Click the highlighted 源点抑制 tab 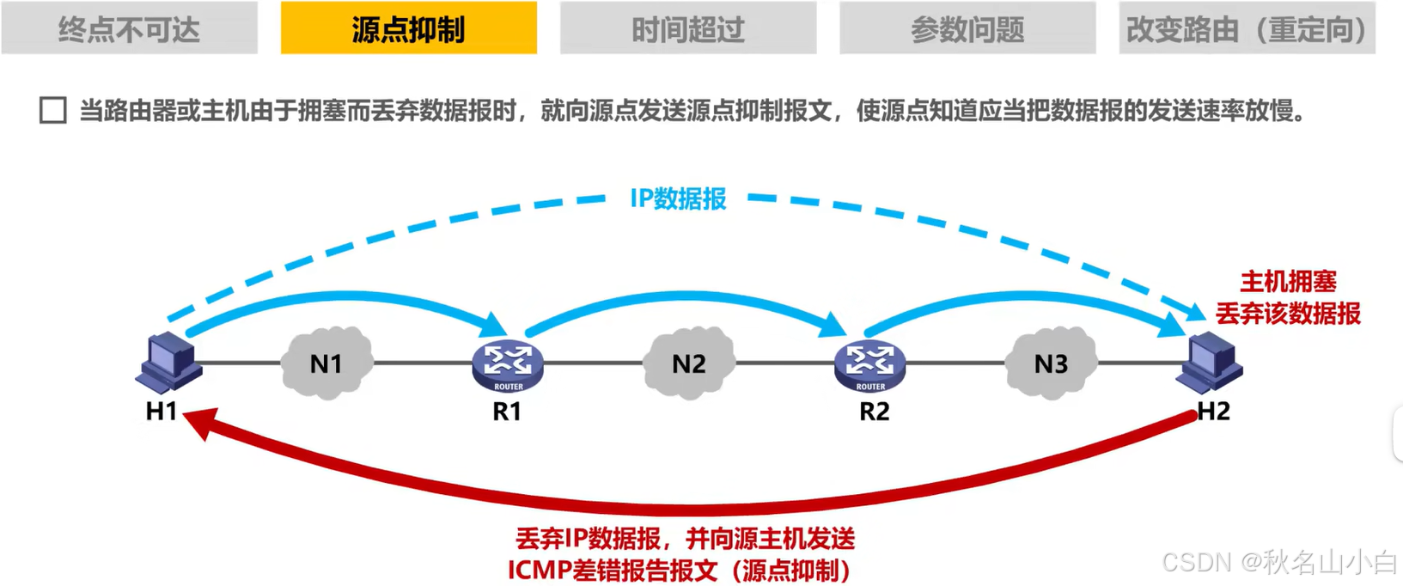408,29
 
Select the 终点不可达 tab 129,29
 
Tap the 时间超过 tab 687,29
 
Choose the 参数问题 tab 967,29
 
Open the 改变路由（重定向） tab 1247,29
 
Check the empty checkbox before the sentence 53,111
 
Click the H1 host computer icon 169,362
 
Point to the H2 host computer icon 1211,362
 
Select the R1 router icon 508,364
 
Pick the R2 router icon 869,364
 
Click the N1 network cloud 326,363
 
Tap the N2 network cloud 688,363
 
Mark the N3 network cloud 1050,363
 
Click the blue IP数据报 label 678,198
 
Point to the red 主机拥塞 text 1288,282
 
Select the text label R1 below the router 507,412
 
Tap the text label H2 1213,412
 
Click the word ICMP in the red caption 540,570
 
